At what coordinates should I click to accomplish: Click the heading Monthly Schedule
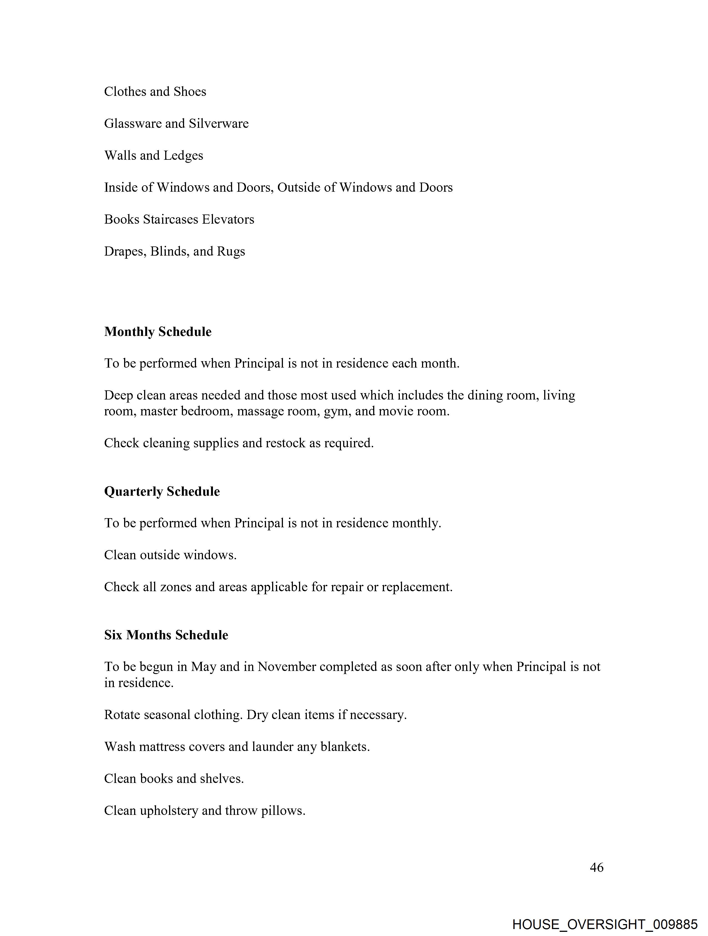(x=158, y=332)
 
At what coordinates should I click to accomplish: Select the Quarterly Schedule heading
(x=162, y=491)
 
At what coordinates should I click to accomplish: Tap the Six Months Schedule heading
(x=166, y=635)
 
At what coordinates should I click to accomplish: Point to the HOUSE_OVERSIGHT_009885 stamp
(x=604, y=924)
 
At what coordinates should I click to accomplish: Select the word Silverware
(x=219, y=124)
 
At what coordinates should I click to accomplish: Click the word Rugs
(x=231, y=252)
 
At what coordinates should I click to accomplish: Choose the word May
(x=204, y=667)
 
